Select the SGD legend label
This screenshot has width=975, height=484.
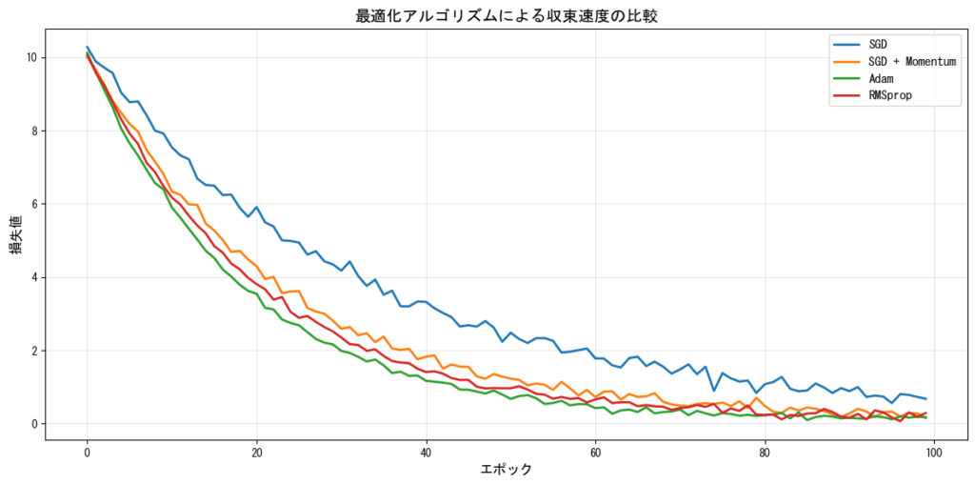click(x=879, y=45)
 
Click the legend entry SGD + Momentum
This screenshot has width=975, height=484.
click(x=912, y=62)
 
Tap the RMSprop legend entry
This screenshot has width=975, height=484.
click(x=890, y=96)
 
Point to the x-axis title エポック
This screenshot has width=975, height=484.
click(x=506, y=469)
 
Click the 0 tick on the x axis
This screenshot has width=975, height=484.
click(x=88, y=452)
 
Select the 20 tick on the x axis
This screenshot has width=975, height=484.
click(x=257, y=452)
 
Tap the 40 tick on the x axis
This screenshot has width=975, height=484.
click(x=427, y=452)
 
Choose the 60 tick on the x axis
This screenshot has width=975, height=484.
click(x=596, y=452)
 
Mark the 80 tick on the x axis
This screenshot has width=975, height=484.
click(x=766, y=452)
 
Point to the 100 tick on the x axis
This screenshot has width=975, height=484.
click(x=934, y=452)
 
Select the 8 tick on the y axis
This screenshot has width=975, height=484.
click(x=34, y=131)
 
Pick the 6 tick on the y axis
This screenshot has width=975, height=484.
click(x=34, y=204)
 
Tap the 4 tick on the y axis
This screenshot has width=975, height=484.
click(x=34, y=277)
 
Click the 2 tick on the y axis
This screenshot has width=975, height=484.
click(x=34, y=351)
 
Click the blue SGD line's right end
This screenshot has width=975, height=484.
click(x=925, y=399)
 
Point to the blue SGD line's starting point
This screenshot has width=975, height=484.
click(x=88, y=47)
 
